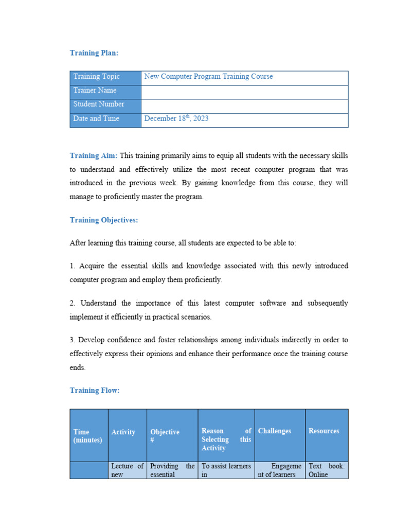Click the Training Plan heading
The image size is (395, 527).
click(94, 53)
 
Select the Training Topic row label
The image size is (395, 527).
click(97, 77)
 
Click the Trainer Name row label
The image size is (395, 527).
click(95, 91)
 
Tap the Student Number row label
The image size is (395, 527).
click(99, 104)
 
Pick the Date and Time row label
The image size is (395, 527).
click(96, 118)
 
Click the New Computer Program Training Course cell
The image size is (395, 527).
click(208, 77)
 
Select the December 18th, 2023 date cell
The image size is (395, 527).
click(176, 118)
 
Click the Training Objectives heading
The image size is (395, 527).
click(104, 220)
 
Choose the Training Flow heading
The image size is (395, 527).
click(95, 391)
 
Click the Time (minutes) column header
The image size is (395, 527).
click(88, 436)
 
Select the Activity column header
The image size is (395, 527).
click(123, 432)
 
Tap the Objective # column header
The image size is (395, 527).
click(165, 436)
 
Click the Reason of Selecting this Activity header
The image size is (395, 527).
click(226, 440)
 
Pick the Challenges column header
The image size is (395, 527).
click(275, 431)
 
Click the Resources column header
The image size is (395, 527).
click(324, 431)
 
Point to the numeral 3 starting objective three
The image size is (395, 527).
click(71, 340)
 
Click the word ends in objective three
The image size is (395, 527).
click(78, 368)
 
